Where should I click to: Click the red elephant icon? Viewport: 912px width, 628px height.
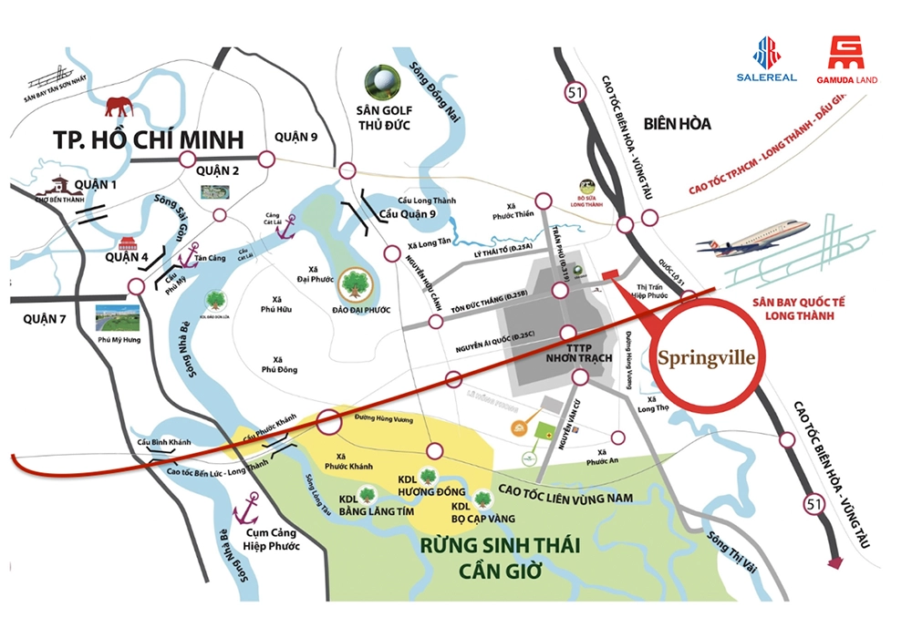[119, 107]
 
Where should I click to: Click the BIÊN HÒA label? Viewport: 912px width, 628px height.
[676, 124]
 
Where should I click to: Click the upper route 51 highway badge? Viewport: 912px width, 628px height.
[574, 91]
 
